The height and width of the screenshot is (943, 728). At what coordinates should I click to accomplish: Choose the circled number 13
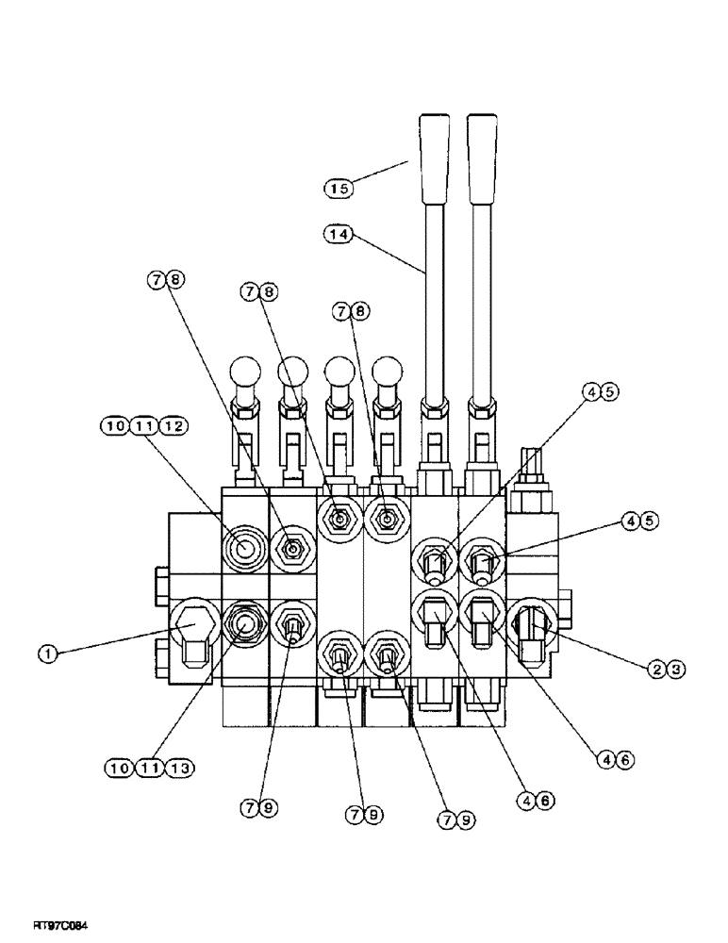click(176, 770)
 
